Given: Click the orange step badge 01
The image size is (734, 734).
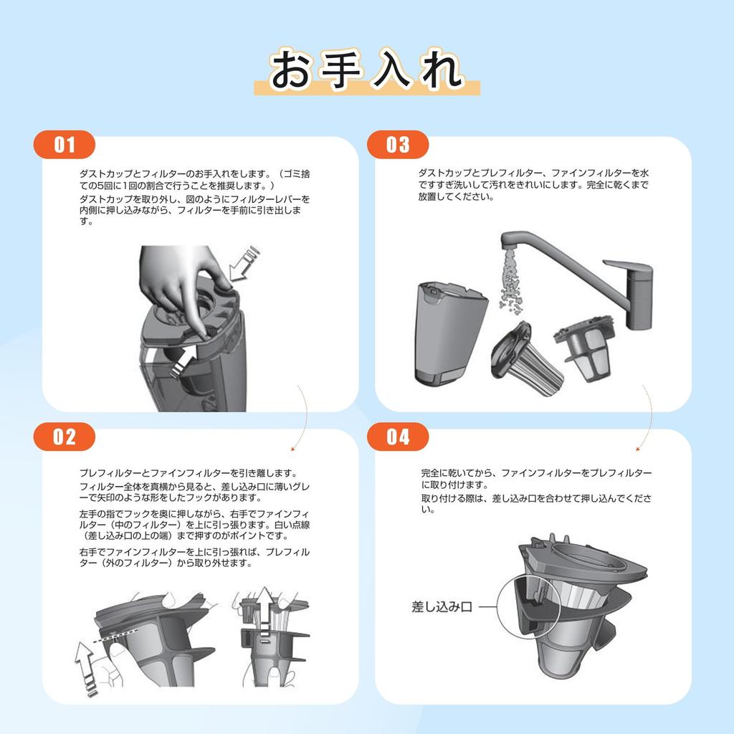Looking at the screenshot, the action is [64, 145].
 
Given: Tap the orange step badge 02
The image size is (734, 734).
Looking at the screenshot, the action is [64, 437].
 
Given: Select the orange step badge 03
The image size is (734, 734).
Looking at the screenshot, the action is [397, 145].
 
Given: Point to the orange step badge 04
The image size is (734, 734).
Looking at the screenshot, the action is [397, 437].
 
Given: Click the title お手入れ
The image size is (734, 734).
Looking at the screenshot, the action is [367, 70].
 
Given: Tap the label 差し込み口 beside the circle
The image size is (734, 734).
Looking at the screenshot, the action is [442, 607].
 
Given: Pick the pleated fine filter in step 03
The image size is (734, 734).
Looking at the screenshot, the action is [527, 359].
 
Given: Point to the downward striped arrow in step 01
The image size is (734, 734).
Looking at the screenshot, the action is [244, 264].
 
